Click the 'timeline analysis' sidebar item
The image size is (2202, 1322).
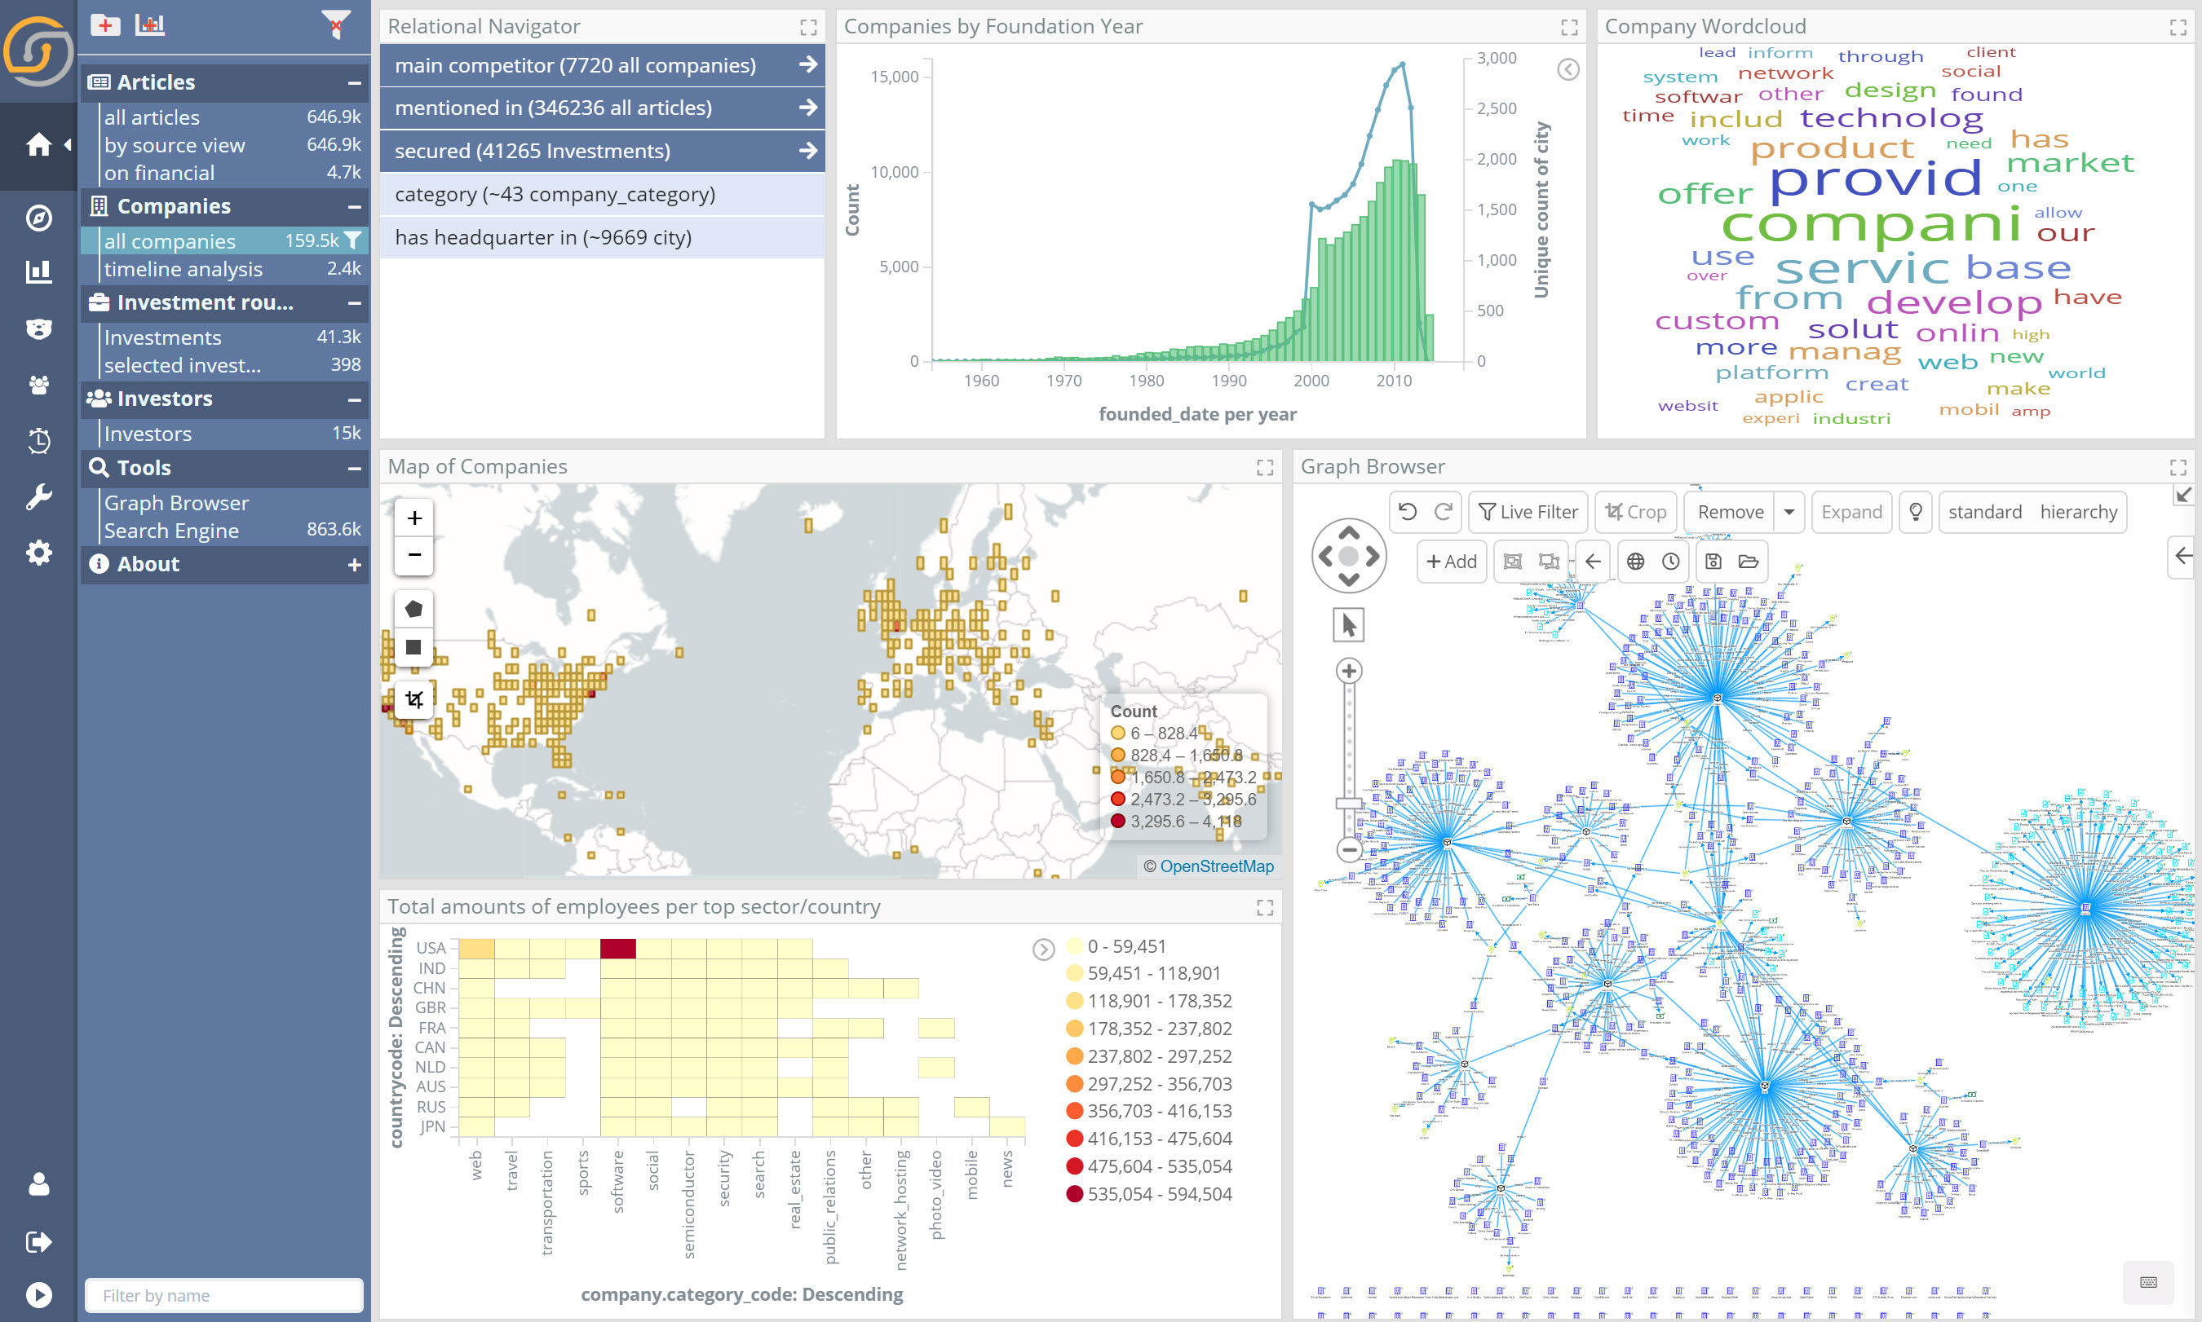pos(183,269)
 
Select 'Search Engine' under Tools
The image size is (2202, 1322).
pos(171,531)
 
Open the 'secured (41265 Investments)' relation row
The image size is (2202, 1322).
pos(602,152)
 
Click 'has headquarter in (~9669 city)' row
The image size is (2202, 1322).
pos(602,238)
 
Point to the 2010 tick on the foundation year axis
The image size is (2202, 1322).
pos(1394,381)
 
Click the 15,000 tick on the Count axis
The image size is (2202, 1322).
pos(894,77)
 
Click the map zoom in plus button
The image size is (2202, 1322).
pos(414,518)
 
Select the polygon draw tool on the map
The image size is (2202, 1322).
pos(413,610)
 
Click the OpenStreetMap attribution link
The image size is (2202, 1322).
pos(1217,866)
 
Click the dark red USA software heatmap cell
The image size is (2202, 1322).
pos(617,948)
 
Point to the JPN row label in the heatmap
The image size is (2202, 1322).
pos(432,1126)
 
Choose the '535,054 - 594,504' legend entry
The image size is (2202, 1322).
pos(1158,1194)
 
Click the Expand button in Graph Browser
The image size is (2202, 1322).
pos(1850,512)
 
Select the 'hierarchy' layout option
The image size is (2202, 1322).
pos(2078,512)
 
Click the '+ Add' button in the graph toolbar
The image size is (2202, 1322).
pos(1451,562)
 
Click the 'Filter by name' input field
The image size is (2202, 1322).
pos(223,1295)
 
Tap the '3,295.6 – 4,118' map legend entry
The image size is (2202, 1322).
pos(1185,822)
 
